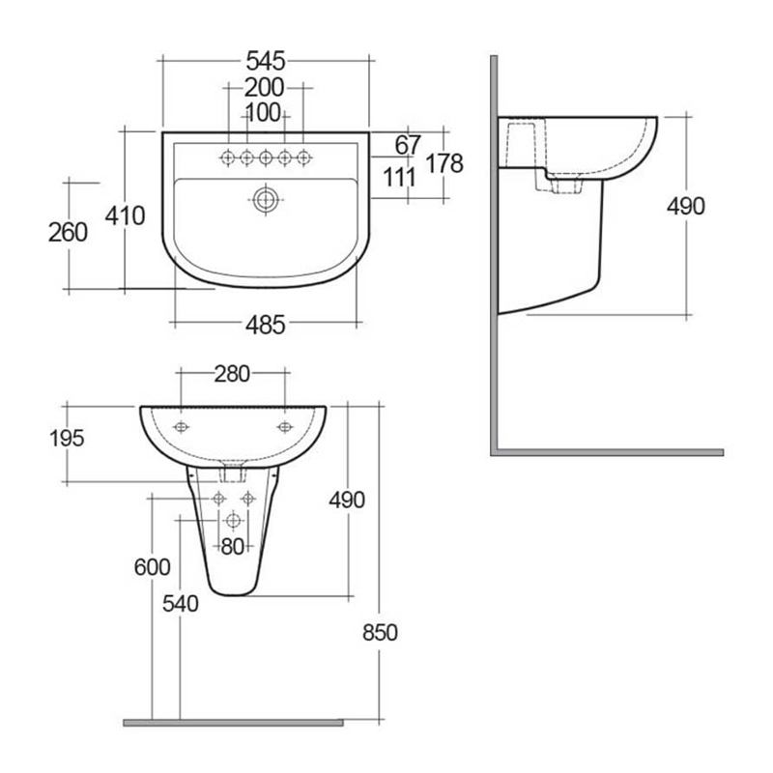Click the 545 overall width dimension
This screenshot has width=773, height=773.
(x=265, y=60)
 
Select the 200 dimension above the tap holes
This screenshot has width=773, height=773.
(x=265, y=87)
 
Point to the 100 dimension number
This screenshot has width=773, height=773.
(x=264, y=113)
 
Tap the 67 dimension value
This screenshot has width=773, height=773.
(x=408, y=144)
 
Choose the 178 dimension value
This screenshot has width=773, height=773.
(x=444, y=162)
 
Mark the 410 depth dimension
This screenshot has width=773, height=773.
(x=125, y=215)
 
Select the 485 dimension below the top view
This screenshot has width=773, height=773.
(x=265, y=326)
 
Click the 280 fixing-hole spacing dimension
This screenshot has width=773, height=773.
(x=232, y=373)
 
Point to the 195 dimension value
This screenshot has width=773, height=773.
(x=67, y=438)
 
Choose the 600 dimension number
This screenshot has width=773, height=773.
(x=152, y=567)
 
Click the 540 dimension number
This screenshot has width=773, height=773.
(x=180, y=604)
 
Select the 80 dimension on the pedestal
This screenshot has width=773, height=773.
(x=233, y=546)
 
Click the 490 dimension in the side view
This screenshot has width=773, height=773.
(x=686, y=206)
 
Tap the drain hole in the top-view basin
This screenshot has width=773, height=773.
(x=265, y=201)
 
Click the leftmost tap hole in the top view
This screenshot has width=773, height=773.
(x=228, y=157)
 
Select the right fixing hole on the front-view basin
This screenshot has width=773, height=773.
(x=284, y=426)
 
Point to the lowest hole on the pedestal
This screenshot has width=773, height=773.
(x=232, y=521)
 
